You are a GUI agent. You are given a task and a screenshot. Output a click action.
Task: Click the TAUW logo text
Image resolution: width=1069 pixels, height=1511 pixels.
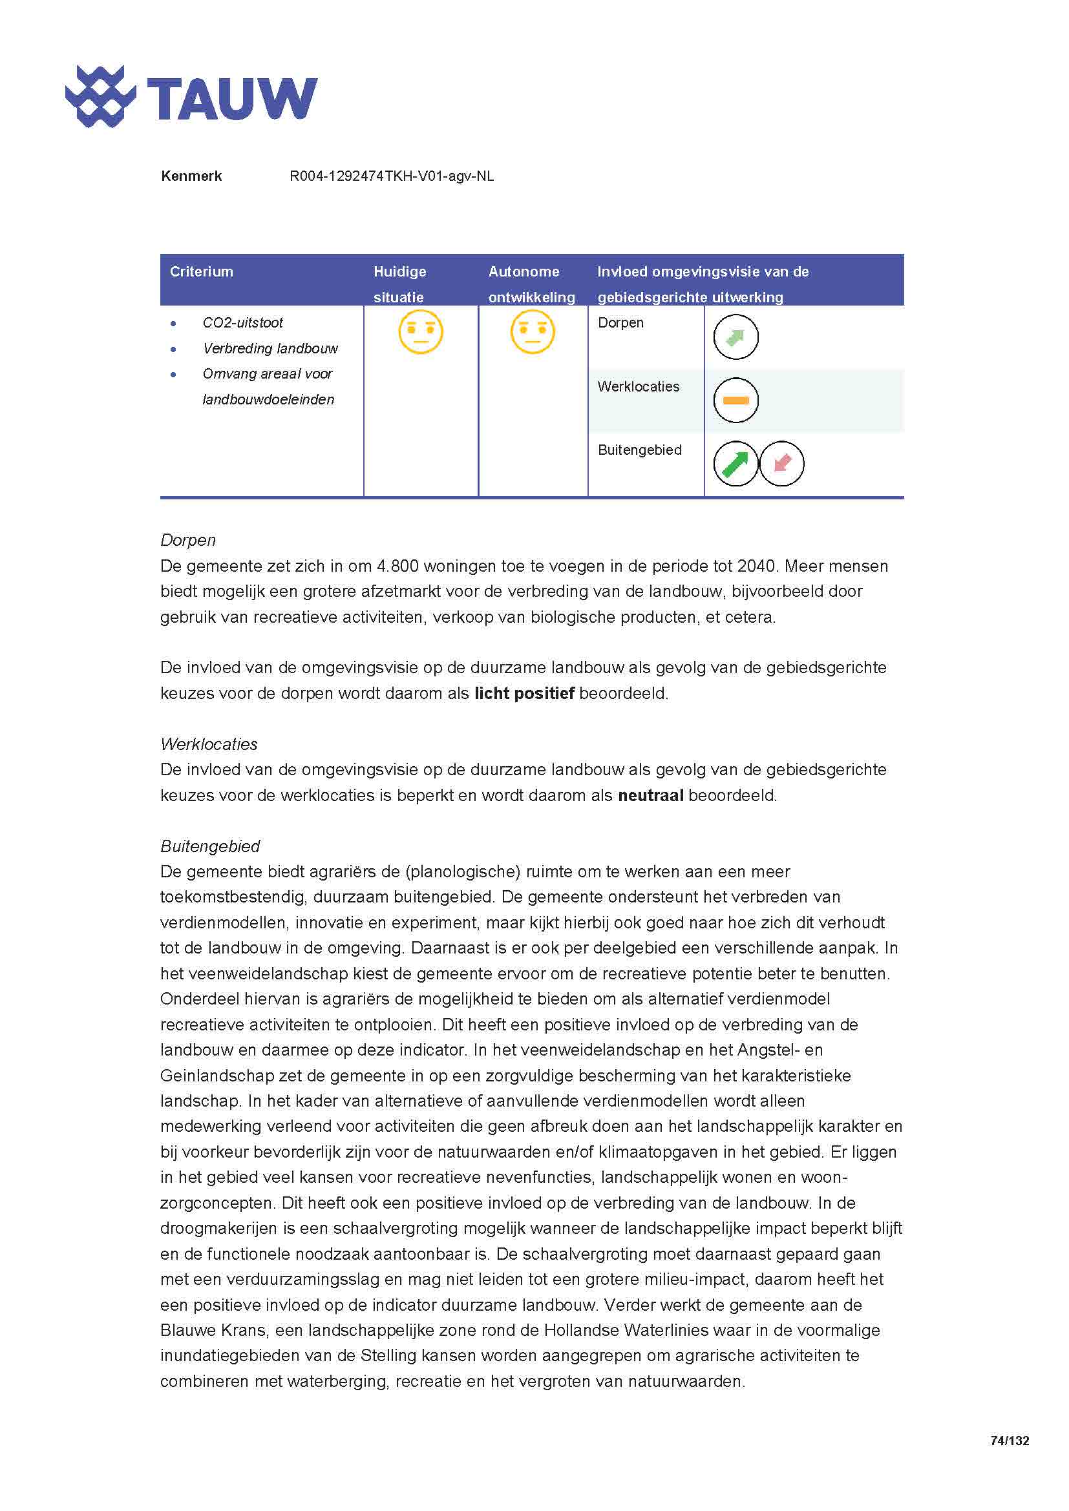[232, 99]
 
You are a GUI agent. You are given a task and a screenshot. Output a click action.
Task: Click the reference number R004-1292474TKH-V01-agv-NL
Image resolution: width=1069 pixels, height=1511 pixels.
[392, 176]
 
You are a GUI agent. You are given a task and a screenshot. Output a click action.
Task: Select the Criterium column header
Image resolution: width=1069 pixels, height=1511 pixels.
[202, 272]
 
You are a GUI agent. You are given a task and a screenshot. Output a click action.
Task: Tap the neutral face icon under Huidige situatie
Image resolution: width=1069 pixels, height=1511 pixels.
[421, 331]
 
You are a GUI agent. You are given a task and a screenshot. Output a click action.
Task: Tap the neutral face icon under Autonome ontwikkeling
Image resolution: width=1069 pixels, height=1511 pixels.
[533, 331]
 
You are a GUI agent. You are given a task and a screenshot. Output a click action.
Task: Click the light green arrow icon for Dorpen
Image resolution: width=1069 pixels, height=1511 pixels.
[736, 337]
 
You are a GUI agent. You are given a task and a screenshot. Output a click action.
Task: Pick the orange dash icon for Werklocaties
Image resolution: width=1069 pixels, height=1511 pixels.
[736, 400]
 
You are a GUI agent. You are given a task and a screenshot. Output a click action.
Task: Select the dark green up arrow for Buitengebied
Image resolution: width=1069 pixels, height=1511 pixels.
[736, 463]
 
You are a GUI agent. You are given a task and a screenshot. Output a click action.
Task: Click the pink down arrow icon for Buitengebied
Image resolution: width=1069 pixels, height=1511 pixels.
[781, 463]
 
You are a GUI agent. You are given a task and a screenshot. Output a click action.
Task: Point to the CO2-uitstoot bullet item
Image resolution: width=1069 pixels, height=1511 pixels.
[242, 323]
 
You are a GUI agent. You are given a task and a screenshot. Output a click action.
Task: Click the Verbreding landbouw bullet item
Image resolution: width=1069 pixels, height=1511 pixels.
[270, 349]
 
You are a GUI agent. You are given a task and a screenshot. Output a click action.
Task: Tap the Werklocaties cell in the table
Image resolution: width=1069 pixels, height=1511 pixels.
[638, 387]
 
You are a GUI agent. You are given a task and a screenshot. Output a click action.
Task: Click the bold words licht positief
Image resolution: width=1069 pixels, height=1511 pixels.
[524, 694]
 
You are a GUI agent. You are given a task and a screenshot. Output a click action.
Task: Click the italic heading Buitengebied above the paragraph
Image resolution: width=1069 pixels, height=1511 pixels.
[210, 846]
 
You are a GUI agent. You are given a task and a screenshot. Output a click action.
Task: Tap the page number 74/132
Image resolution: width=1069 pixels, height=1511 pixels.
[1009, 1441]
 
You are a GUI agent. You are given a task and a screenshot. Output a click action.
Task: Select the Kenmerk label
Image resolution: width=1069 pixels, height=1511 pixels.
[191, 176]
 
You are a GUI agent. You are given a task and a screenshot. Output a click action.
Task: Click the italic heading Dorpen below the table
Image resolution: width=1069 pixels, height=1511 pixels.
[187, 540]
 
